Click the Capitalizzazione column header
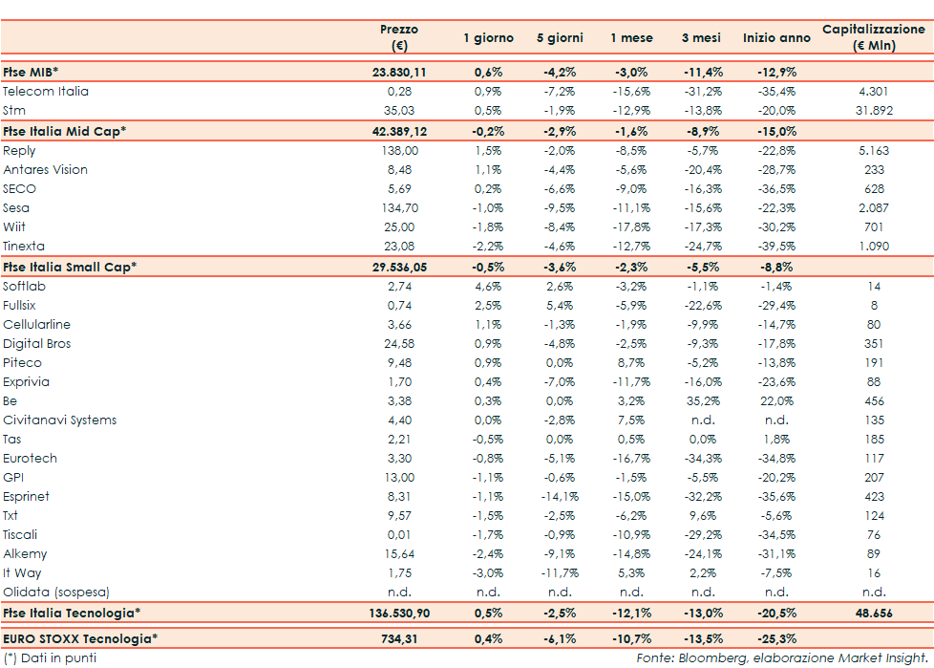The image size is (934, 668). [874, 37]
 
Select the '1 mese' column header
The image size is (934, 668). [632, 38]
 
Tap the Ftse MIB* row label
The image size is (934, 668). [31, 72]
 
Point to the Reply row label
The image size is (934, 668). [19, 151]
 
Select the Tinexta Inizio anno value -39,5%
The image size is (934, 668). [776, 247]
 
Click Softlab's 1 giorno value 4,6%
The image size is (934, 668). [488, 287]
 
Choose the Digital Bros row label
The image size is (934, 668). [37, 344]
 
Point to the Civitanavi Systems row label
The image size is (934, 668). [60, 420]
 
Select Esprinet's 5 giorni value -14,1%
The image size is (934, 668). [560, 497]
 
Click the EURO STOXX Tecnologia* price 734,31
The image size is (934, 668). [399, 637]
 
